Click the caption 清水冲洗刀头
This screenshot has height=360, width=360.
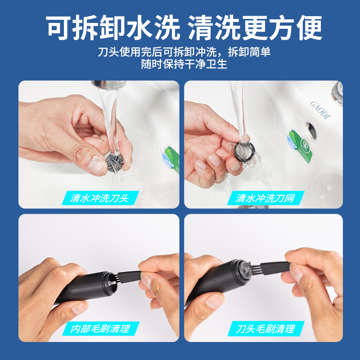click(99, 198)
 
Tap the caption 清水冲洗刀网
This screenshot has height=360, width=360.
click(265, 198)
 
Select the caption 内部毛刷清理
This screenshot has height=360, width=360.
click(100, 329)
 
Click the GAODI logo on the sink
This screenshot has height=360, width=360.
click(320, 110)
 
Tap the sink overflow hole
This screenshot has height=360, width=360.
click(310, 131)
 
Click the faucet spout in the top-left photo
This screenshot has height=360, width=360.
click(108, 84)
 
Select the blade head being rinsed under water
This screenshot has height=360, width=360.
click(115, 162)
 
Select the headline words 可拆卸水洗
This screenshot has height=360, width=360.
click(113, 28)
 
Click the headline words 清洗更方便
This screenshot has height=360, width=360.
click(255, 28)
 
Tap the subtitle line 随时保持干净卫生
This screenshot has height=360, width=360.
click(184, 64)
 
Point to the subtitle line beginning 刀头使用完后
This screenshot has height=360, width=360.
click(184, 52)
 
